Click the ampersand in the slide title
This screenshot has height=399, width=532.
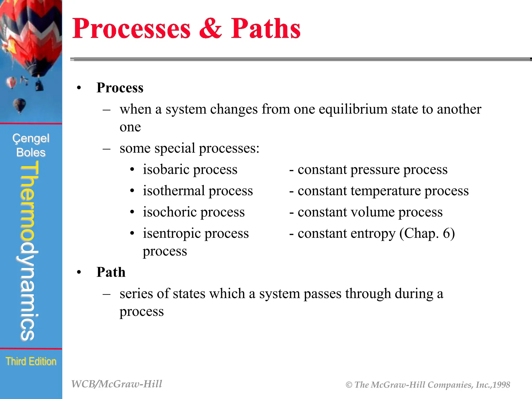click(211, 29)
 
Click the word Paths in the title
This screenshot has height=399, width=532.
click(265, 29)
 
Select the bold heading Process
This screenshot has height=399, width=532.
click(120, 88)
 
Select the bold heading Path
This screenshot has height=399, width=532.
click(111, 272)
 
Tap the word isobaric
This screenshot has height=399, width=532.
click(166, 170)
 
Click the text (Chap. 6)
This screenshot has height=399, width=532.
click(427, 234)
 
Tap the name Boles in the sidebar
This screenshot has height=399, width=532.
click(31, 152)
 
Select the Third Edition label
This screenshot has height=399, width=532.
click(31, 361)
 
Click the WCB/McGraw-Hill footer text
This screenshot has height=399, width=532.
click(117, 384)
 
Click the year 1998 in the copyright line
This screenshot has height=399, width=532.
click(501, 385)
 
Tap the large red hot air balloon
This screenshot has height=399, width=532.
click(31, 36)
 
